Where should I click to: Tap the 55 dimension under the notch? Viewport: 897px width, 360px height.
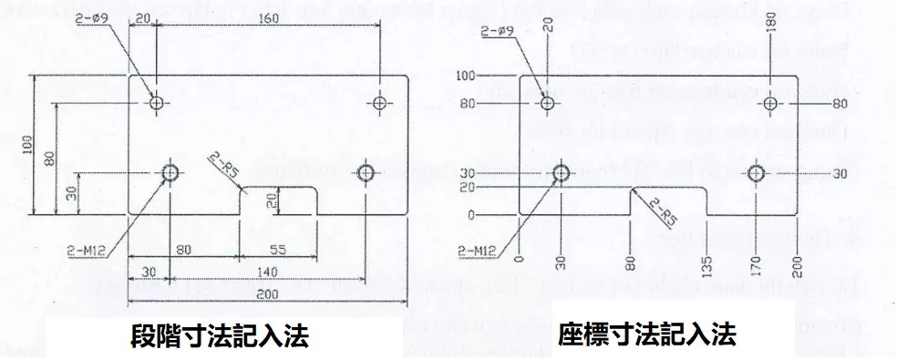(279, 247)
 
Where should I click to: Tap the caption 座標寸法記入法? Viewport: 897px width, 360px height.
(646, 334)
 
